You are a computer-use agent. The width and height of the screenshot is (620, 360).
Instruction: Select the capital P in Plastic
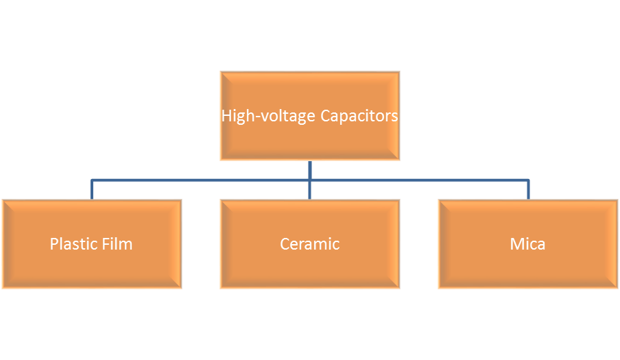tap(54, 243)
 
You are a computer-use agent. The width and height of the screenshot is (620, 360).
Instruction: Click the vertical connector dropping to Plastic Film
tap(92, 190)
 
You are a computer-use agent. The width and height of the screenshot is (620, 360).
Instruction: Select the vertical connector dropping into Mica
tap(528, 190)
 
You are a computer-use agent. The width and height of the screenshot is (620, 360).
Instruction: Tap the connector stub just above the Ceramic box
tap(310, 191)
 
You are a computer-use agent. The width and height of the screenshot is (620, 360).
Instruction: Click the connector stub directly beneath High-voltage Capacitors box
tap(310, 169)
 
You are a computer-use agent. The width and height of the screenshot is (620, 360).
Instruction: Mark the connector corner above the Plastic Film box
tap(92, 180)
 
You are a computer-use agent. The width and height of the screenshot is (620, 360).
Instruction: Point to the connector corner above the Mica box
tap(528, 180)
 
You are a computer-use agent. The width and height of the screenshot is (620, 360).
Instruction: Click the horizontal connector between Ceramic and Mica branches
tap(418, 180)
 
